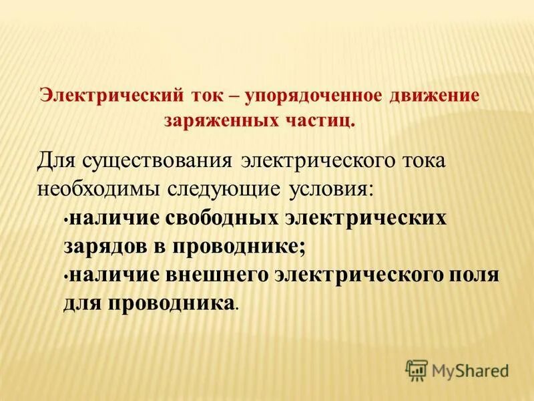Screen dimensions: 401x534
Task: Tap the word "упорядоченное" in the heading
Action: coord(312,95)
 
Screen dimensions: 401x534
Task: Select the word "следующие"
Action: coord(225,188)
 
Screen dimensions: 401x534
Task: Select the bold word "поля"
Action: coord(475,275)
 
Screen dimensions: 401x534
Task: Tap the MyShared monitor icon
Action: coord(417,370)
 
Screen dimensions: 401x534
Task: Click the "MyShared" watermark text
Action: coord(470,370)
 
